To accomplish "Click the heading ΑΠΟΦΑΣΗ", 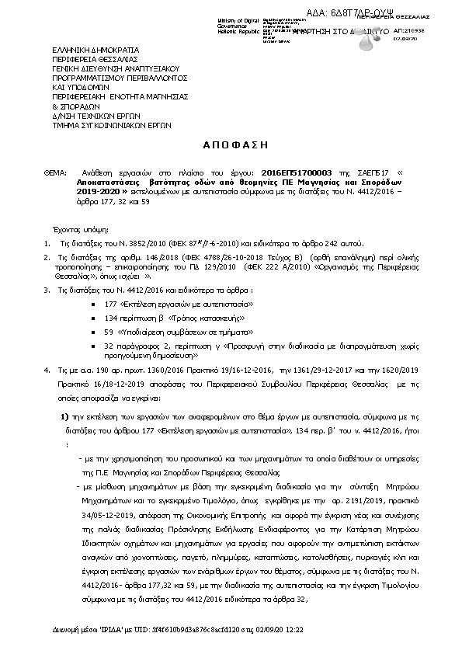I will (x=231, y=144).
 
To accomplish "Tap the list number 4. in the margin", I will (x=47, y=372).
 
